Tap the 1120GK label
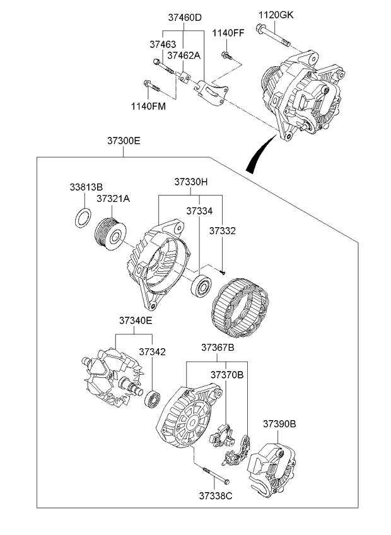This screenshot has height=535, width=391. (276, 14)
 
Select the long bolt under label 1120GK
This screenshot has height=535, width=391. (272, 35)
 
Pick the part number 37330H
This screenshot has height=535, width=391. (191, 182)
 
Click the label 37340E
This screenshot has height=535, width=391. (136, 320)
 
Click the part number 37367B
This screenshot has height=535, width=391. (218, 348)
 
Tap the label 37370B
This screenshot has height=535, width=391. (226, 375)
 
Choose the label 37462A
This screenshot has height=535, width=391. (184, 56)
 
